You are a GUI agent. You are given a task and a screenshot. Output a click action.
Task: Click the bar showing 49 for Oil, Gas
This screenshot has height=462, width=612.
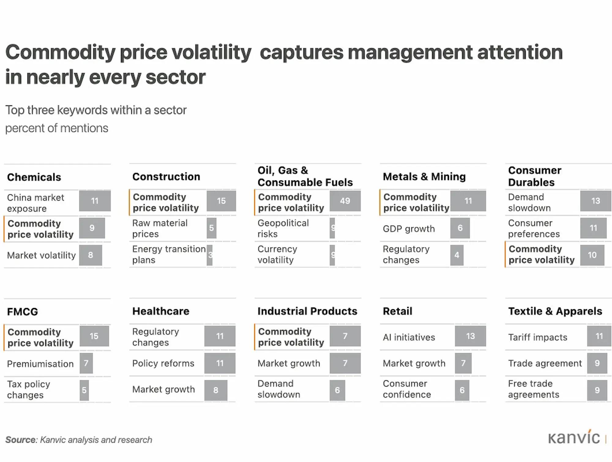click(x=345, y=201)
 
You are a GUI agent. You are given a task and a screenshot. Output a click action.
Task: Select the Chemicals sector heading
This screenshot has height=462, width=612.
click(x=34, y=177)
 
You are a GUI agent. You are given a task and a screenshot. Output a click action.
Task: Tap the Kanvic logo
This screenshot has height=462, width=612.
click(x=574, y=438)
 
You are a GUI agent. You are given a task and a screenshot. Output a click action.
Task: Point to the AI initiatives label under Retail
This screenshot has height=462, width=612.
click(x=409, y=337)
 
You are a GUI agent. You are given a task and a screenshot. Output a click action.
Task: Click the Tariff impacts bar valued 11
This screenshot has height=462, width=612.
click(x=599, y=336)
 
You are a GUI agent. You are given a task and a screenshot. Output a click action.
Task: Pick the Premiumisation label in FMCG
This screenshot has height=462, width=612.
click(x=40, y=364)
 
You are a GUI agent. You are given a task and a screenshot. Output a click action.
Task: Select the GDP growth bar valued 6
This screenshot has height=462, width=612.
click(x=460, y=228)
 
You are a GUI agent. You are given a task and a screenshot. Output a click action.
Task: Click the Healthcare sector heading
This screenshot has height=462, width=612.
click(x=161, y=311)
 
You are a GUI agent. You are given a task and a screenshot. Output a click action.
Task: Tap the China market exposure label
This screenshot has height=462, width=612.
click(x=35, y=203)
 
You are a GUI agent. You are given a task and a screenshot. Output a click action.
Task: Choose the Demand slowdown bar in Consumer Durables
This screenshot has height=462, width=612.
click(x=595, y=201)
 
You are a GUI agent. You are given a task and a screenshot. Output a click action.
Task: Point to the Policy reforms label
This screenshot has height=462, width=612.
click(x=163, y=363)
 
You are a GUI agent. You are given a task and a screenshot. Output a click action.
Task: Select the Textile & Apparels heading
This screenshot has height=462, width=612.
click(x=555, y=311)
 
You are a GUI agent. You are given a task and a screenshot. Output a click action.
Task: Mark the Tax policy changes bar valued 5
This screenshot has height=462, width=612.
click(x=84, y=390)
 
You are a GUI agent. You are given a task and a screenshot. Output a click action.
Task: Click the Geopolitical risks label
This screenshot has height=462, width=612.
click(x=283, y=228)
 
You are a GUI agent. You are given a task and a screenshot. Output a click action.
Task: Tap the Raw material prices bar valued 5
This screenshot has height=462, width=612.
click(x=211, y=228)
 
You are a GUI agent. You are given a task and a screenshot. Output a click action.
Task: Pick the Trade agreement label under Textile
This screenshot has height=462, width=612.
click(x=545, y=363)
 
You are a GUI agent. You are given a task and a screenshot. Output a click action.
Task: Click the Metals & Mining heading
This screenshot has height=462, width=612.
click(x=424, y=177)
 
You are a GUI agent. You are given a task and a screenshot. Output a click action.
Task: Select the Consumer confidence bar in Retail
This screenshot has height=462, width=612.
click(x=462, y=390)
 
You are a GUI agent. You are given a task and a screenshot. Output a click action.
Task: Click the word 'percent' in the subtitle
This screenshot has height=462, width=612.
click(x=20, y=128)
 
